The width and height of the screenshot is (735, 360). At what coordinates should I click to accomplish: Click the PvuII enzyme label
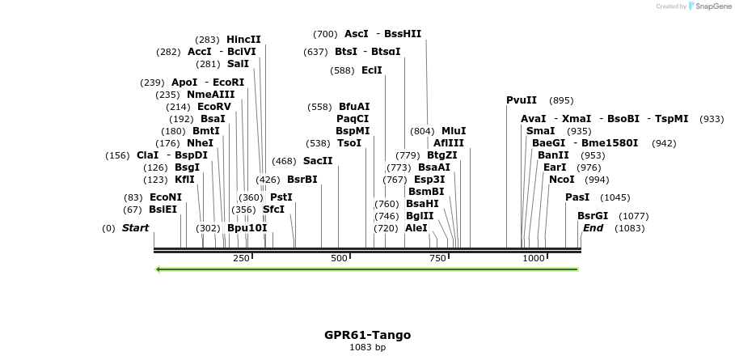(522, 100)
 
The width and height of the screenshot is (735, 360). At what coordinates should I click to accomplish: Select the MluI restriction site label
(454, 131)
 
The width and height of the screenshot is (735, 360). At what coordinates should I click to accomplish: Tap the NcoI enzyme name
(562, 180)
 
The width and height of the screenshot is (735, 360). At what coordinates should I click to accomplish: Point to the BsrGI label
(593, 216)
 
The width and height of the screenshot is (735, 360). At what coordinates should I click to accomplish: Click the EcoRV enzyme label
(214, 107)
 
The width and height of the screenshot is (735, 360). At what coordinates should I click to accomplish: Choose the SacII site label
(318, 161)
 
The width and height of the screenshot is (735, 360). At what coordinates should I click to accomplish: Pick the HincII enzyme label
(243, 40)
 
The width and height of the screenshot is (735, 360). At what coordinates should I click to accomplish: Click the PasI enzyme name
(577, 197)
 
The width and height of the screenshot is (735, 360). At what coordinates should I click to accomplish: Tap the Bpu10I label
(247, 228)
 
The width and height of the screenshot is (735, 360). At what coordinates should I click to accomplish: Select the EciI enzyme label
(372, 70)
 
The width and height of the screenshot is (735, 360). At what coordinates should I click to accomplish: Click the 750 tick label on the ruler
(438, 258)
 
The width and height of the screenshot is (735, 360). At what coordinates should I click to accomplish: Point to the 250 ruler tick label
(241, 258)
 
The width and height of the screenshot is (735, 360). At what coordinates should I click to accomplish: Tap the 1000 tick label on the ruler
(534, 258)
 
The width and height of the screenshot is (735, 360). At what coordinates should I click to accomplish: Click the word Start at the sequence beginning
(135, 228)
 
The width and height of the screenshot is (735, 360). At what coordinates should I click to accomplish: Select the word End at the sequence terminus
(593, 228)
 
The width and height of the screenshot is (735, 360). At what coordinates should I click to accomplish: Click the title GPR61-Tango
(367, 335)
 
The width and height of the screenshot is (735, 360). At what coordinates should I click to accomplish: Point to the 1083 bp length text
(367, 348)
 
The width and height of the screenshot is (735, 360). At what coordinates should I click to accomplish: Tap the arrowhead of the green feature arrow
(158, 269)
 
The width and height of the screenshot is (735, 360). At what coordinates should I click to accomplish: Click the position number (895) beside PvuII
(561, 100)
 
